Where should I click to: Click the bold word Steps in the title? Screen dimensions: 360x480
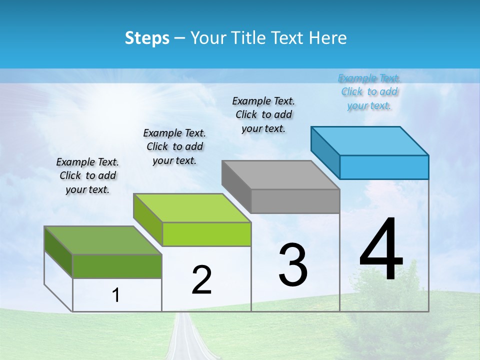pos(147,38)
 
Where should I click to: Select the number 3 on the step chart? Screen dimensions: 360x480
pos(292,265)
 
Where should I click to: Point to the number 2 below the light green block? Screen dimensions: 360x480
pos(201,280)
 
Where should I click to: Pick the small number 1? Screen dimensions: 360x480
pos(116,295)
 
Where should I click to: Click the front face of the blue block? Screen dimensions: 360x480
pos(384,167)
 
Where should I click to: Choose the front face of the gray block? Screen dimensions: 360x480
pos(295,201)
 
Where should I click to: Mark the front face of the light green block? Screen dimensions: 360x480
pos(206,234)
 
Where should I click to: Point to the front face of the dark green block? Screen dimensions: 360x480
pos(117,266)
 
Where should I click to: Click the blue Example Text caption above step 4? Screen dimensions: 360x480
pos(369,91)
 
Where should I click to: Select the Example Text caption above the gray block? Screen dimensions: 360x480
pos(263,114)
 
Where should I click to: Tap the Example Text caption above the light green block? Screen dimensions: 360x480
pos(174,146)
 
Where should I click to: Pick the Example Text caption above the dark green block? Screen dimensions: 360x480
pos(87,175)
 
